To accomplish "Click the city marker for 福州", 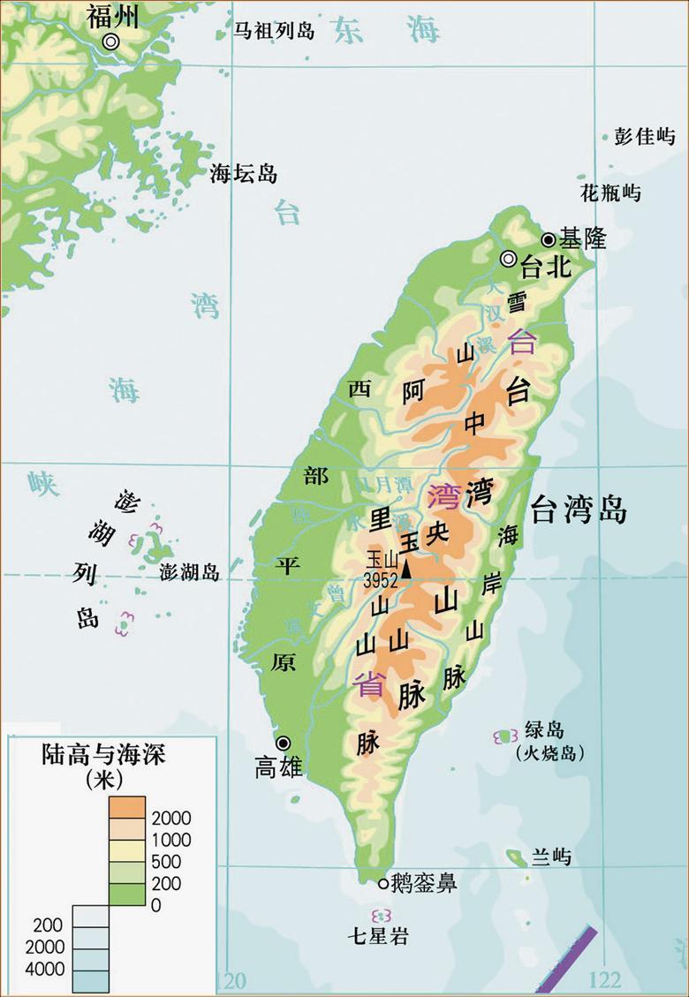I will pos(111,42).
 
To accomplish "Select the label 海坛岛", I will pos(244,174).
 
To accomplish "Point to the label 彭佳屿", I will pos(645,136).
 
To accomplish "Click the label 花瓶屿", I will pos(610,193).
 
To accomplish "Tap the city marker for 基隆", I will pos(549,239).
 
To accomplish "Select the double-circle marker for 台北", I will pos(508,259).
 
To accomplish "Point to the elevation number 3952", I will pos(382,578).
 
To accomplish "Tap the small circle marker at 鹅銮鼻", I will pos(382,883).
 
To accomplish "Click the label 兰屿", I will pos(551,857).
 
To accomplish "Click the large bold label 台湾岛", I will pos(579,510).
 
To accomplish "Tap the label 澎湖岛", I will pos(189,572).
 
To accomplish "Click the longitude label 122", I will pos(604,980).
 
